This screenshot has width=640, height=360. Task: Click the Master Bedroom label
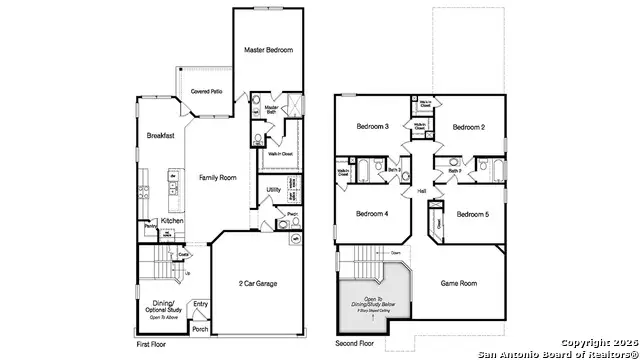pos(269,49)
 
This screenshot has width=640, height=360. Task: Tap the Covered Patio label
pos(192,92)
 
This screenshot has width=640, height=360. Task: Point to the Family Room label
pos(217,177)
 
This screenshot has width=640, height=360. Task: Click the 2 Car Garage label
pos(257,284)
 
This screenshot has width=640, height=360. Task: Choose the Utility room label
pos(273,189)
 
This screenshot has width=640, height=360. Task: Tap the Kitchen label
pos(172,220)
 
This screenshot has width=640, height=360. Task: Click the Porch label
pos(200,328)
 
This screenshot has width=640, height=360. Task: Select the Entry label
pos(201,304)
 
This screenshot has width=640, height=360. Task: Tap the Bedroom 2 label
pos(468,127)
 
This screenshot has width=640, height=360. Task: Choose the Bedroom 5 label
pos(473,214)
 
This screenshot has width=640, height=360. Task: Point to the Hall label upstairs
pos(421,190)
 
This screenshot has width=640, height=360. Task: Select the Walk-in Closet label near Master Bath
pos(279,153)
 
